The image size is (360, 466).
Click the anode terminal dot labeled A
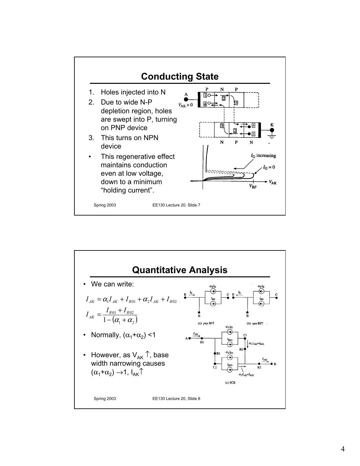186,99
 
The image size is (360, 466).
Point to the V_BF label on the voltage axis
253,186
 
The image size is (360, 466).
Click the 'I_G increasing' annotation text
263,156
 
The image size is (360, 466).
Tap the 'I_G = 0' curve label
269,167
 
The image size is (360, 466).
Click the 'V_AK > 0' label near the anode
186,105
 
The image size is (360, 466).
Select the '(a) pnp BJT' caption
206,323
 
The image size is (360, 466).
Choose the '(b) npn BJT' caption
255,323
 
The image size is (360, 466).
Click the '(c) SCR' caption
230,383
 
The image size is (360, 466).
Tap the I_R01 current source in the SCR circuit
230,345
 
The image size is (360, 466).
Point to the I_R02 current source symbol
230,370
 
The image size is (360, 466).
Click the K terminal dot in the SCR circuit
272,364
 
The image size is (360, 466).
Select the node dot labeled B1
215,353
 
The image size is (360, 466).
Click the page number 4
343,449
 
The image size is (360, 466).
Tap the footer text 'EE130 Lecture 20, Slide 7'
176,205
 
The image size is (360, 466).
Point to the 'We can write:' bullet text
112,284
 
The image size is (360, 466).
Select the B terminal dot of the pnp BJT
199,312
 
